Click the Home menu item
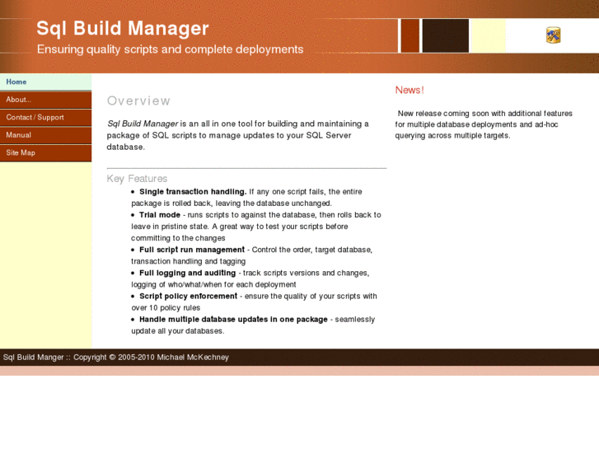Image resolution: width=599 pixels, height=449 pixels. [x=16, y=82]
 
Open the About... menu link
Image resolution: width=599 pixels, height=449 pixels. [x=18, y=100]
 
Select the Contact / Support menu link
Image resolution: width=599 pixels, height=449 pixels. [x=35, y=117]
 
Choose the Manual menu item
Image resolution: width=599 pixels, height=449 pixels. [x=18, y=135]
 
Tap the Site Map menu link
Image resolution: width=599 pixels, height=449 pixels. [x=21, y=152]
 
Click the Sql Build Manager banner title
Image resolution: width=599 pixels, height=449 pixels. [x=122, y=29]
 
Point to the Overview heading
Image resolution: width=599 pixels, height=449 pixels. [x=138, y=101]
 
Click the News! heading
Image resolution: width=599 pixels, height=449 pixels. [x=409, y=90]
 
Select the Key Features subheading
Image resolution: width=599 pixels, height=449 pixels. [x=137, y=178]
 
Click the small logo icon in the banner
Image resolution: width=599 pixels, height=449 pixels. [x=553, y=35]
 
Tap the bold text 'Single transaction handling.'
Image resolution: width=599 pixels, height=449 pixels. [x=193, y=192]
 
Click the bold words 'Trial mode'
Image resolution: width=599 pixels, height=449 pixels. [x=160, y=215]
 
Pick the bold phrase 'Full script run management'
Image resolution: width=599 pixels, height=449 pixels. [x=192, y=250]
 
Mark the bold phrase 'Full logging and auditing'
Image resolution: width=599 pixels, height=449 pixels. [x=187, y=273]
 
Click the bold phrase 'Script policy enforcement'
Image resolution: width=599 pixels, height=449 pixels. [x=188, y=296]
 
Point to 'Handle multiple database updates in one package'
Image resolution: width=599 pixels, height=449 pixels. [x=233, y=319]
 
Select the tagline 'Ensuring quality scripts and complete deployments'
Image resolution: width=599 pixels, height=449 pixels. [x=170, y=49]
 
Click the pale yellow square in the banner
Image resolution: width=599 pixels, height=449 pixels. [x=488, y=35]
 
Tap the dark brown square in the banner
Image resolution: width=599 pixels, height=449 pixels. [x=445, y=35]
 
